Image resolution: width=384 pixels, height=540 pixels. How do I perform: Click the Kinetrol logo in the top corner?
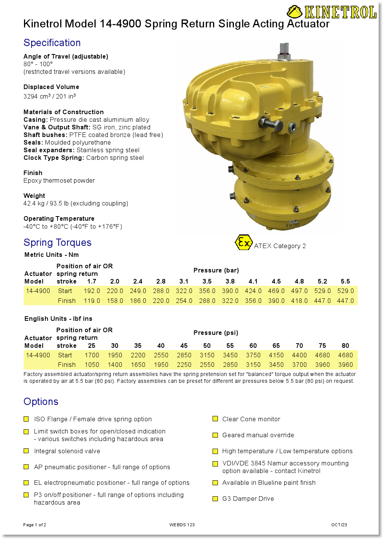[x=332, y=12]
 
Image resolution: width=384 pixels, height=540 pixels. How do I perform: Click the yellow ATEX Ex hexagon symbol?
[x=243, y=242]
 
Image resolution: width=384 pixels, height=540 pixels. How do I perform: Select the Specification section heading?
[x=52, y=43]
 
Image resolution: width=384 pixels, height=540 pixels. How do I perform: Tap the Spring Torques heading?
[x=58, y=243]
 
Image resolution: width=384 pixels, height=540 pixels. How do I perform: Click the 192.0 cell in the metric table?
[x=92, y=291]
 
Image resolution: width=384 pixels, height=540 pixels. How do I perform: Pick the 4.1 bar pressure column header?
[x=253, y=282]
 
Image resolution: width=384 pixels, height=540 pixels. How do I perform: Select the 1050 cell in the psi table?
[x=92, y=365]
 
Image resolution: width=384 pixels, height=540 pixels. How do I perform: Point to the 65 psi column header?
[x=276, y=346]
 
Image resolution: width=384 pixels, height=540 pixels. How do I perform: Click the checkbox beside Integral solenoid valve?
[x=26, y=451]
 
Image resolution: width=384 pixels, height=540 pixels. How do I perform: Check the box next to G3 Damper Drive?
[x=215, y=499]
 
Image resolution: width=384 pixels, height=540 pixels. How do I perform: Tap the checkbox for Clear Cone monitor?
[x=215, y=419]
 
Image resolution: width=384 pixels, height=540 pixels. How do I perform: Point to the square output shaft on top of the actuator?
[x=284, y=49]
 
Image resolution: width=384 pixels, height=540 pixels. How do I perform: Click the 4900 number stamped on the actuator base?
[x=293, y=225]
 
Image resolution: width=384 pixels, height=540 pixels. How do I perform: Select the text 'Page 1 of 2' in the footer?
[x=35, y=525]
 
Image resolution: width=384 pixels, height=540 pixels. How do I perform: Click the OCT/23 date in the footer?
[x=339, y=525]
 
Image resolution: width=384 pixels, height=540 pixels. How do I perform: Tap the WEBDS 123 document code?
[x=182, y=525]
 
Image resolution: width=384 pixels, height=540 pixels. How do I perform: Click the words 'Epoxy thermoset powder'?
[x=59, y=181]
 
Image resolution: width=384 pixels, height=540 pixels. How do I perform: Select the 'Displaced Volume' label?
[x=51, y=87]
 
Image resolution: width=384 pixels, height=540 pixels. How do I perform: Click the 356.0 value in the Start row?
[x=207, y=291]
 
